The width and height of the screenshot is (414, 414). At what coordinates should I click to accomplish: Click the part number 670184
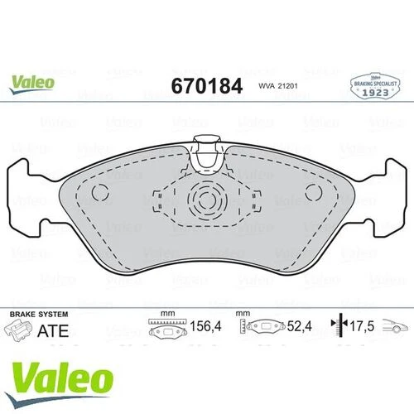click(205, 86)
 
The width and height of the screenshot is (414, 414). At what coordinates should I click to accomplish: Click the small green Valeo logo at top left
click(33, 82)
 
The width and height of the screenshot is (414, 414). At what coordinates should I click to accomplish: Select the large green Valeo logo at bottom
click(61, 359)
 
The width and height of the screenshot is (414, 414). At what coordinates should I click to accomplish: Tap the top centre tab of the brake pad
click(206, 147)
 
